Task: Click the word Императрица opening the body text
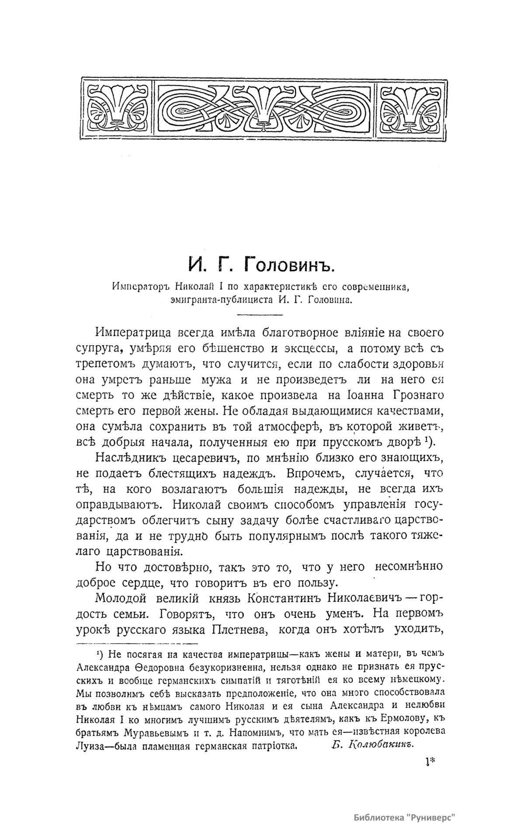pos(135,332)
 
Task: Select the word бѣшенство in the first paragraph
pos(223,349)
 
